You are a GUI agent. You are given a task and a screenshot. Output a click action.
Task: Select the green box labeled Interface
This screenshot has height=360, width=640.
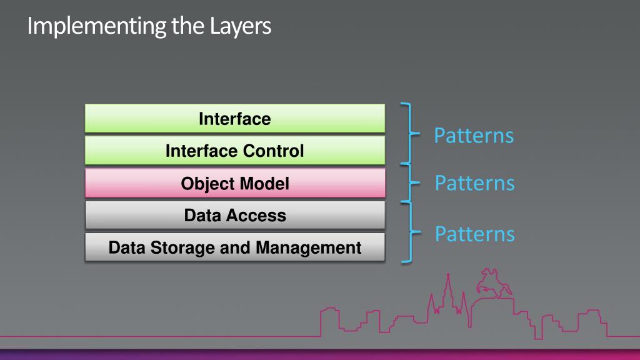point(235,118)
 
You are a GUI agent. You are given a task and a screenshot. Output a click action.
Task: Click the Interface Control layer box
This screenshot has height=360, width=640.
point(235,151)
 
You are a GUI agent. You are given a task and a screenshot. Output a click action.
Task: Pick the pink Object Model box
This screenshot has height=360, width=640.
point(235,183)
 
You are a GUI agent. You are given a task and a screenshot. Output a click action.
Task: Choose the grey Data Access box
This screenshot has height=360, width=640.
point(235,216)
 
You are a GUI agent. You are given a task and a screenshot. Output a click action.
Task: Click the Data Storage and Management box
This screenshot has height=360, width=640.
point(235,247)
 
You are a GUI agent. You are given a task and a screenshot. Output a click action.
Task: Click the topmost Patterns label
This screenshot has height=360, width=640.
point(474,135)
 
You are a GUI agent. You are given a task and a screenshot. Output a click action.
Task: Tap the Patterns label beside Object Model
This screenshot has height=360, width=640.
point(474,183)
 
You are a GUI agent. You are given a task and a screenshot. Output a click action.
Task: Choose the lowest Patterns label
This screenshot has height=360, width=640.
point(474,234)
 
